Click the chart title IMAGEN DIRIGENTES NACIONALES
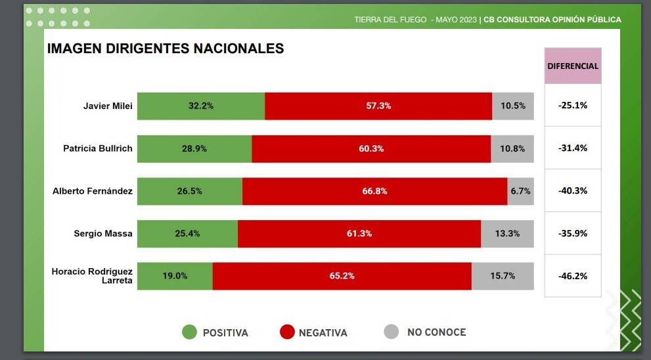(166, 49)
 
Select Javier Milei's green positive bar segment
(200, 106)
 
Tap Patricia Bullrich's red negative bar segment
(371, 148)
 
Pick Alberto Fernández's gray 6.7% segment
(520, 191)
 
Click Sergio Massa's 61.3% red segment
(359, 234)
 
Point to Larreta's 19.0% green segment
(175, 276)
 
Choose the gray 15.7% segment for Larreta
(503, 276)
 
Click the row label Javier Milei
(108, 106)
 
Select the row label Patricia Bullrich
(98, 148)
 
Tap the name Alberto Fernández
(93, 191)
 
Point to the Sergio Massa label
(103, 234)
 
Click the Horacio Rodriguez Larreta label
(92, 276)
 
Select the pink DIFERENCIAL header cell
(573, 66)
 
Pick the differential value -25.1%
(573, 105)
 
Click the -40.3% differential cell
(573, 191)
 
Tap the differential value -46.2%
(573, 276)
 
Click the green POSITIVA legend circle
(189, 332)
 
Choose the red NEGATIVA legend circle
(286, 332)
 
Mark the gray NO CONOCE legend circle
(391, 332)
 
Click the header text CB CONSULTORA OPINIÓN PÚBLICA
(552, 20)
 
